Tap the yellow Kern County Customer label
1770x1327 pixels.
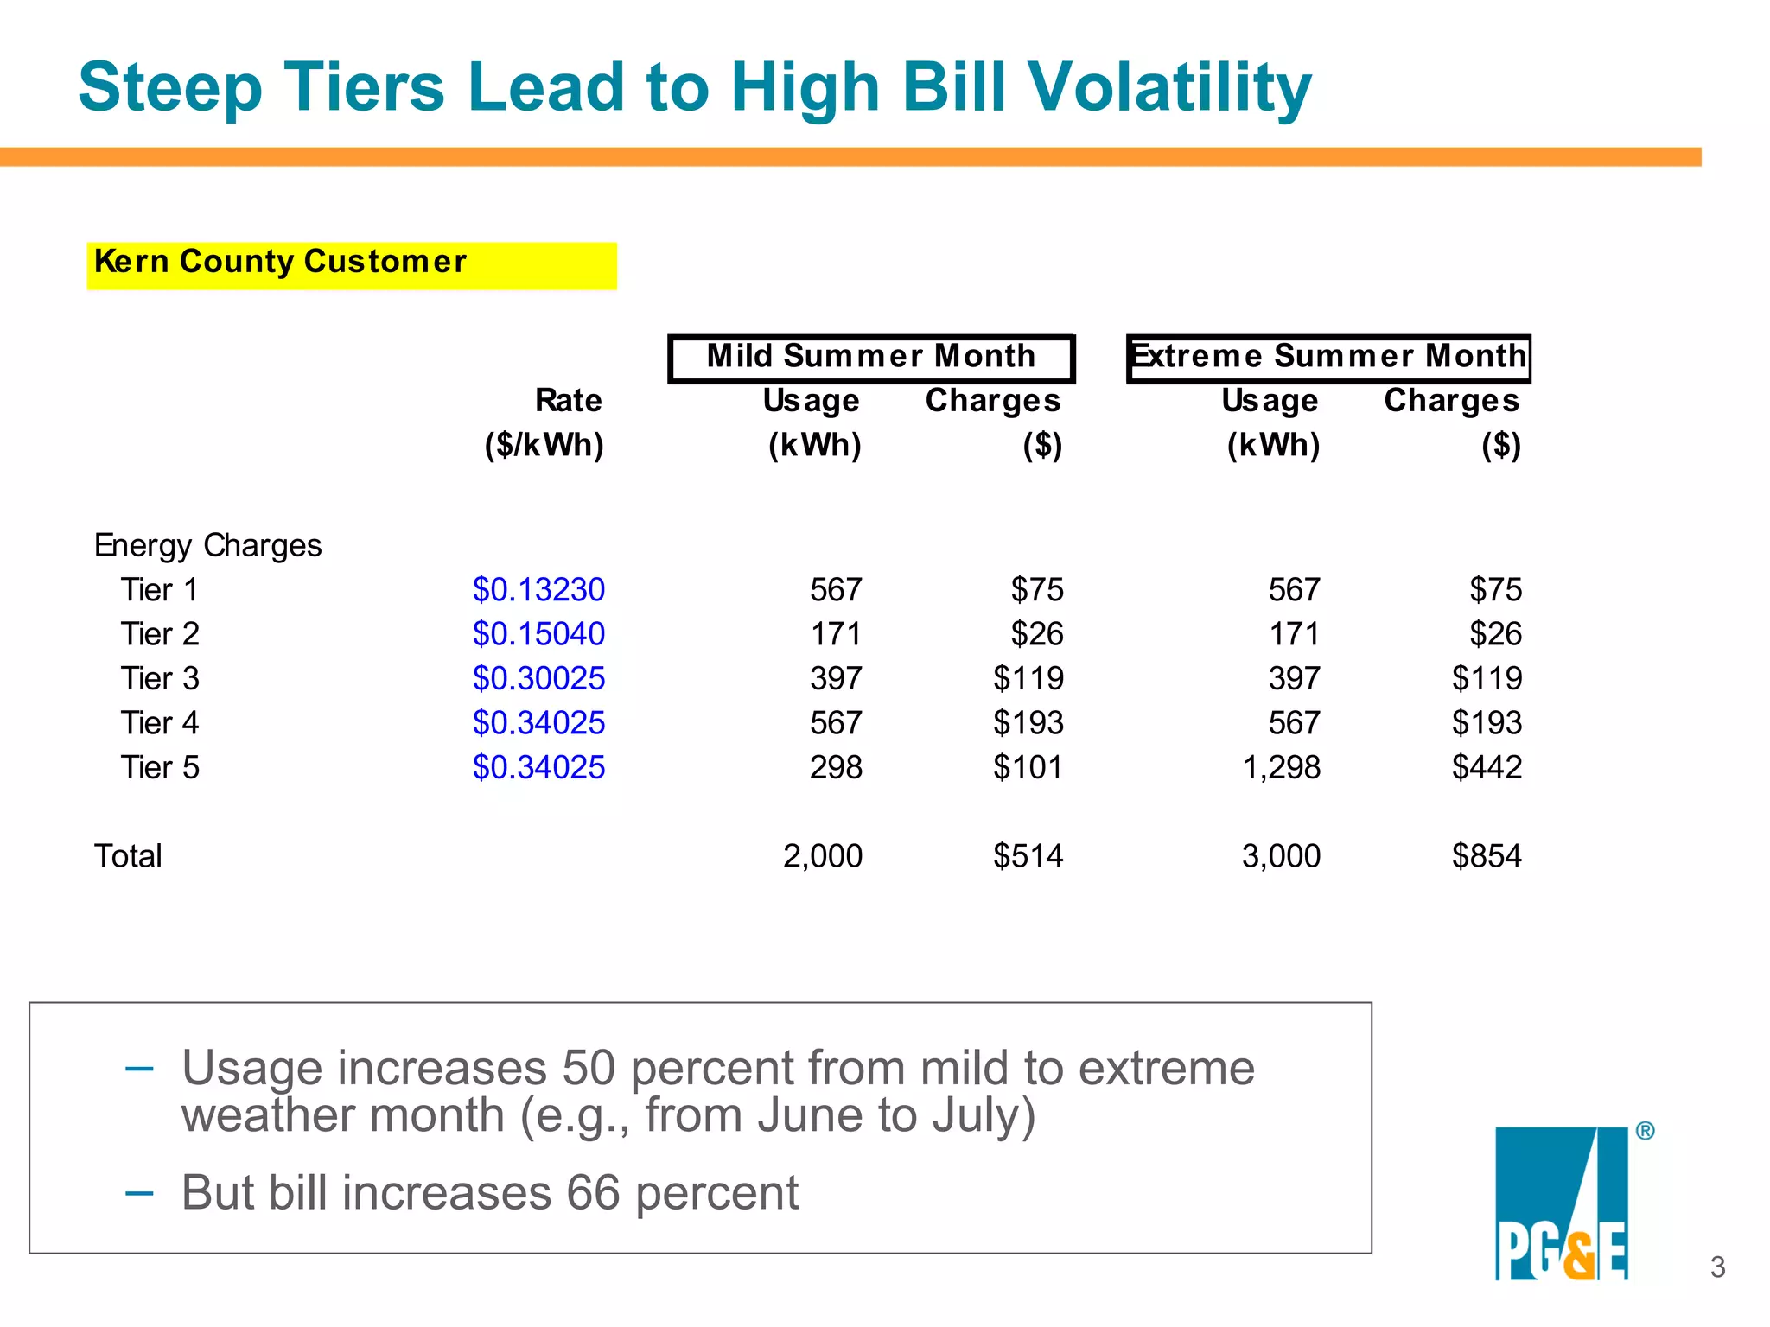pyautogui.click(x=351, y=264)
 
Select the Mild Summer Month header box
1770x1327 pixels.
pyautogui.click(x=871, y=358)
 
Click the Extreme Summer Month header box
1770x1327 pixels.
pyautogui.click(x=1328, y=358)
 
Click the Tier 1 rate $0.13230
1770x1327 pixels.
pyautogui.click(x=538, y=590)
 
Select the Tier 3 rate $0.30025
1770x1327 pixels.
pyautogui.click(x=538, y=679)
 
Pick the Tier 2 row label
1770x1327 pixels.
pyautogui.click(x=160, y=635)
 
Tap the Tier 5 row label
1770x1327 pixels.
pyautogui.click(x=160, y=768)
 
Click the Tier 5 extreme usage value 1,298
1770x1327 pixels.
pyautogui.click(x=1281, y=768)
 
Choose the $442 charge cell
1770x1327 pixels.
pyautogui.click(x=1487, y=768)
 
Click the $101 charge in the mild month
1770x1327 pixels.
pyautogui.click(x=1028, y=768)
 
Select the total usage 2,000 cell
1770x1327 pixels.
pyautogui.click(x=822, y=857)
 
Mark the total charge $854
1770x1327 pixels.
pyautogui.click(x=1487, y=857)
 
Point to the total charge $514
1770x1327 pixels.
pyautogui.click(x=1028, y=857)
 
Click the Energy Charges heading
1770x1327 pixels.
pyautogui.click(x=207, y=546)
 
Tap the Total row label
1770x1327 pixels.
pyautogui.click(x=128, y=857)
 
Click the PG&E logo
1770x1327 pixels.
pyautogui.click(x=1562, y=1203)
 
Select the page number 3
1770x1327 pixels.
pyautogui.click(x=1717, y=1267)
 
